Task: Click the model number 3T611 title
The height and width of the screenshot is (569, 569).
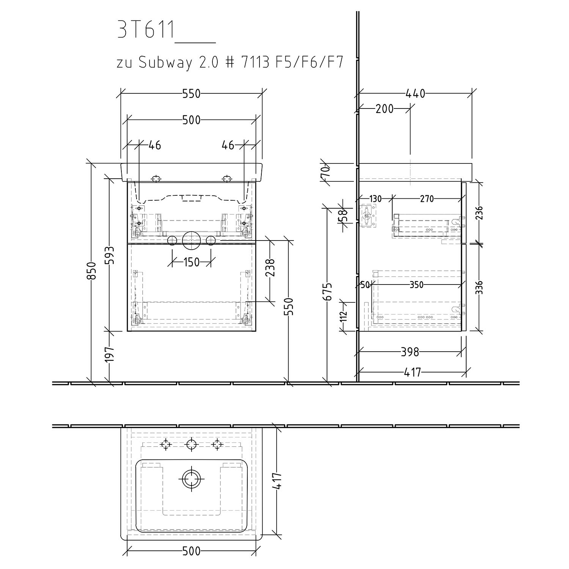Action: pyautogui.click(x=146, y=30)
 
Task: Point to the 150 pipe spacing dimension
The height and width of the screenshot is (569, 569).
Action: pyautogui.click(x=191, y=262)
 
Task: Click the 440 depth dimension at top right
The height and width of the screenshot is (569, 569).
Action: pyautogui.click(x=416, y=93)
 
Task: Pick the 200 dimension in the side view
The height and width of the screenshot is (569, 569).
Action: pyautogui.click(x=384, y=109)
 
